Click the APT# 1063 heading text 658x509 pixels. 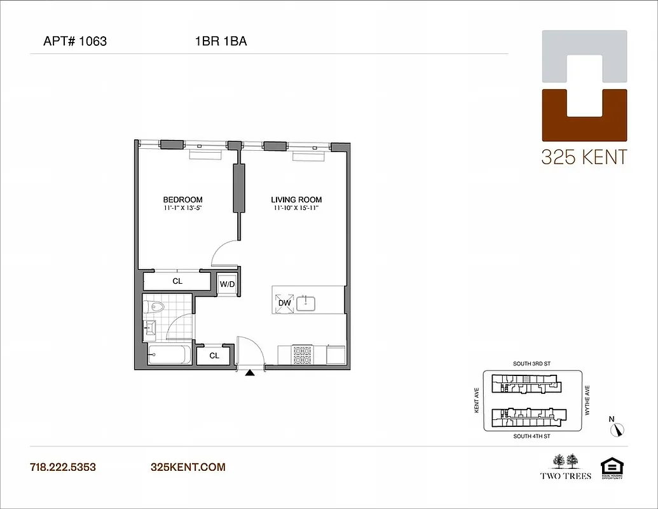coord(75,42)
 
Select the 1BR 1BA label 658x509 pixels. coord(221,42)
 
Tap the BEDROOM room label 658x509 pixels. coord(182,199)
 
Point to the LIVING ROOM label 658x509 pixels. coord(298,199)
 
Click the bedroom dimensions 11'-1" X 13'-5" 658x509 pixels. coord(182,208)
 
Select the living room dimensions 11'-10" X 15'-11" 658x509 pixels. coord(298,208)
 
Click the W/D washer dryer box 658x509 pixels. coord(227,284)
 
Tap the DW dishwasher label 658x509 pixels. coord(284,303)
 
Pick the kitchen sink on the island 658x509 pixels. coord(306,302)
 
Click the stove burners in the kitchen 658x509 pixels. coord(302,355)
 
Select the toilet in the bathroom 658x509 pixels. coord(154,308)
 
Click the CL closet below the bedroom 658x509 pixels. coord(177,281)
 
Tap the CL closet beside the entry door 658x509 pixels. coord(214,356)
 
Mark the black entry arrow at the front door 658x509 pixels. coord(250,374)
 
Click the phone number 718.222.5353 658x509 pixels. coord(63,467)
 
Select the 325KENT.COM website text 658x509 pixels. coord(188,467)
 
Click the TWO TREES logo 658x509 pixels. coord(566,466)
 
